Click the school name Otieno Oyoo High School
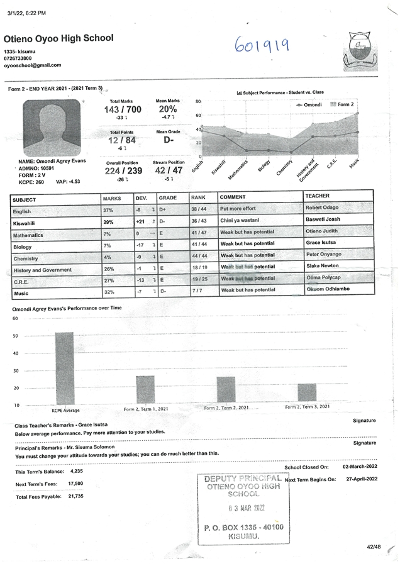(58, 38)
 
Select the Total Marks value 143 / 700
(123, 109)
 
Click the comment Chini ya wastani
(238, 221)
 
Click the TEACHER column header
(317, 196)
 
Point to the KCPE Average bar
(65, 368)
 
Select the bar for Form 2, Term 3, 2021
(307, 392)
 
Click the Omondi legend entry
(309, 104)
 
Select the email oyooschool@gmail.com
(33, 65)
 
